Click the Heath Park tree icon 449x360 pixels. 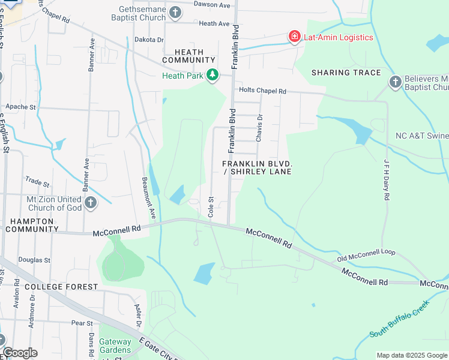212,75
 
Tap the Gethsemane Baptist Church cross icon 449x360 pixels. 175,12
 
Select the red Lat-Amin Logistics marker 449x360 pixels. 294,37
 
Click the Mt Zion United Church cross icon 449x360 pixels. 91,203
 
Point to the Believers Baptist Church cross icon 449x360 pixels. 395,82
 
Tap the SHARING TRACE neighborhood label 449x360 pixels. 346,73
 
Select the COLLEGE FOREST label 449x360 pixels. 61,287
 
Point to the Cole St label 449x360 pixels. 211,206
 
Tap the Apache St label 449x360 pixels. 22,107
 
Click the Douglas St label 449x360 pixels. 34,260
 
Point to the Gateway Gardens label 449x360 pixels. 115,346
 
